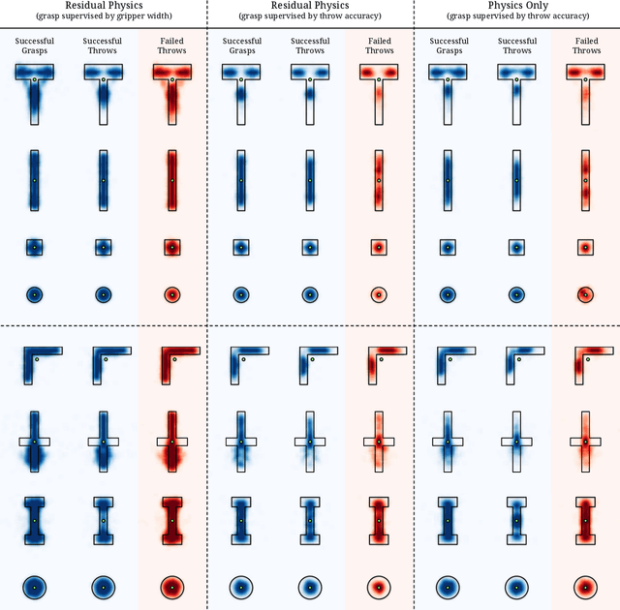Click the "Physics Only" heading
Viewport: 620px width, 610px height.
pos(517,6)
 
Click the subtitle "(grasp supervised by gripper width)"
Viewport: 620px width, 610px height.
pos(103,16)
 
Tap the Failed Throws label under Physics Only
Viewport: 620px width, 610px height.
pos(586,46)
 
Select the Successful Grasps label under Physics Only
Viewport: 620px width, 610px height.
pos(448,46)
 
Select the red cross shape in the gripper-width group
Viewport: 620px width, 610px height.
pos(172,442)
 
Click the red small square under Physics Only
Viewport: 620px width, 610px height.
pos(585,248)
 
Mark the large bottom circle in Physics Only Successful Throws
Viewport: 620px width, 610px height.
pos(516,587)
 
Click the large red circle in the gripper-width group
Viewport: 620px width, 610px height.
pos(172,587)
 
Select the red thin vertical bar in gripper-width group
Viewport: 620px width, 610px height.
pos(172,180)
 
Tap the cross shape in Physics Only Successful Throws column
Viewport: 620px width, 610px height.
pos(516,442)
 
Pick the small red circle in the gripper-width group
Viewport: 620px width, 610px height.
pos(172,294)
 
